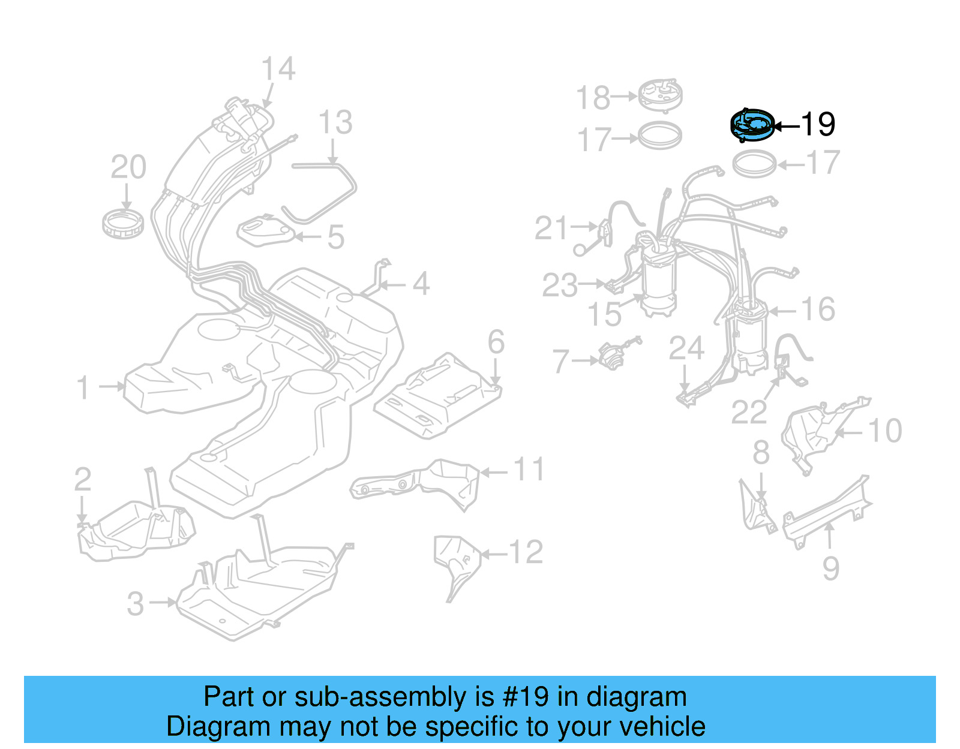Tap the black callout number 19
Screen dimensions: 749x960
[x=818, y=124]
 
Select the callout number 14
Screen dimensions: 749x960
[x=278, y=69]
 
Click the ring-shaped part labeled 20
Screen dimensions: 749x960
[x=123, y=222]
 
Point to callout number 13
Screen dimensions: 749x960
[x=335, y=123]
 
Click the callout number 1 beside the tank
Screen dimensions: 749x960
[x=83, y=387]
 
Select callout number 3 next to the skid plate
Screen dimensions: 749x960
[x=136, y=603]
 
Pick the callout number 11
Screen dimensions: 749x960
[x=529, y=469]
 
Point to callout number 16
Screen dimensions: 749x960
[x=818, y=309]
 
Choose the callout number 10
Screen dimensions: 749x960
[x=885, y=431]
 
